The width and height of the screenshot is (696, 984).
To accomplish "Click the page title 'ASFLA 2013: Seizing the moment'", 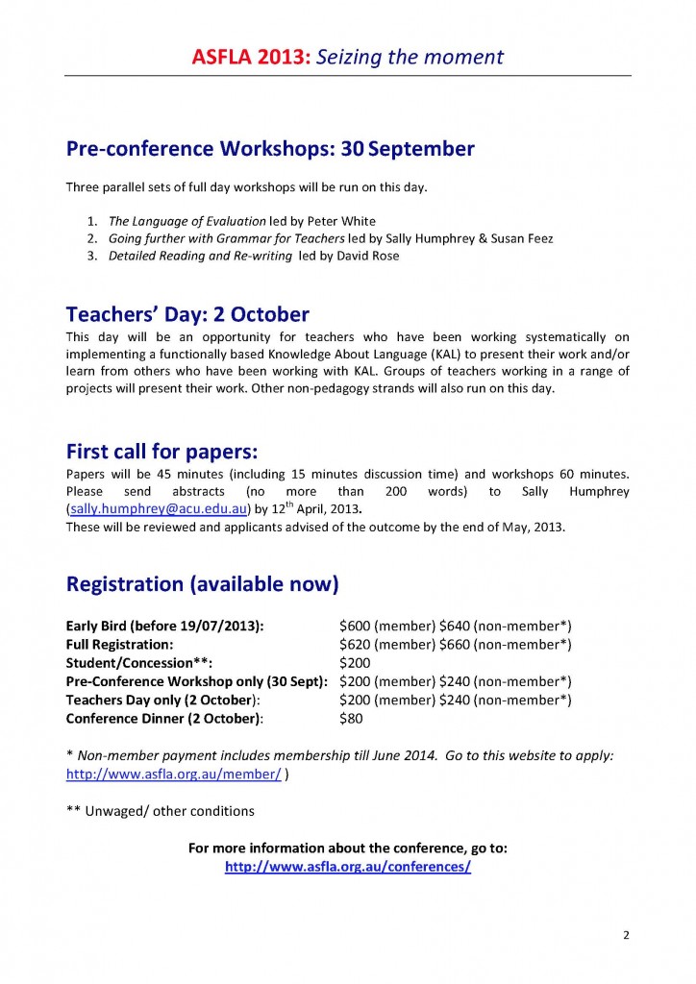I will pos(347,57).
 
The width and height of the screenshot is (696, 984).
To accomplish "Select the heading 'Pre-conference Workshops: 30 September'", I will pos(269,149).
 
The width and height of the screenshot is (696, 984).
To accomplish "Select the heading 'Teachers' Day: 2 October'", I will pos(187,314).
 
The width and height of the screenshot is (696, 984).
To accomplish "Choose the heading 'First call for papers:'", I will pos(164,451).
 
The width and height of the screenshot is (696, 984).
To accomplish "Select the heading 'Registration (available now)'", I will pos(202,583).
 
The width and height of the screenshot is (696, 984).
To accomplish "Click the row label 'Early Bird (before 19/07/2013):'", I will pos(165,626).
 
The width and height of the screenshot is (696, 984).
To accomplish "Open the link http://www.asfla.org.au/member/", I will pos(173,775).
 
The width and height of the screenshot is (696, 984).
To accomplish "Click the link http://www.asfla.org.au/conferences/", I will pos(347,866).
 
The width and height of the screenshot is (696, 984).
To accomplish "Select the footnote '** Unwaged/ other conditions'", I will pos(160,810).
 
